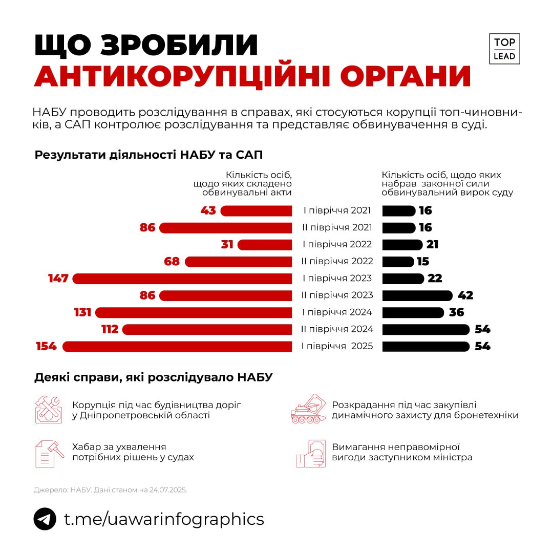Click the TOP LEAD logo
pos(504,49)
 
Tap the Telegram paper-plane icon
pos(45,519)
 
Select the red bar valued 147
pos(182,279)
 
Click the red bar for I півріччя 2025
pos(177,346)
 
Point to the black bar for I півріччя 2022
pos(402,245)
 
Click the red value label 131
pos(82,312)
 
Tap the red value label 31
pos(227,245)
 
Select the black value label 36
pos(456,312)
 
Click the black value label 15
pos(423,262)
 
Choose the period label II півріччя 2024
pos(337,329)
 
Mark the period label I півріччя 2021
pos(337,211)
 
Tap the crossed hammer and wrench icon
pos(48,409)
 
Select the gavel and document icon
pos(49,453)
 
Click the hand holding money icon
pos(310,453)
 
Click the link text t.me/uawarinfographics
pos(164,519)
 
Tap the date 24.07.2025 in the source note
pos(168,490)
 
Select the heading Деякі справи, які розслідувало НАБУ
pos(154,378)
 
